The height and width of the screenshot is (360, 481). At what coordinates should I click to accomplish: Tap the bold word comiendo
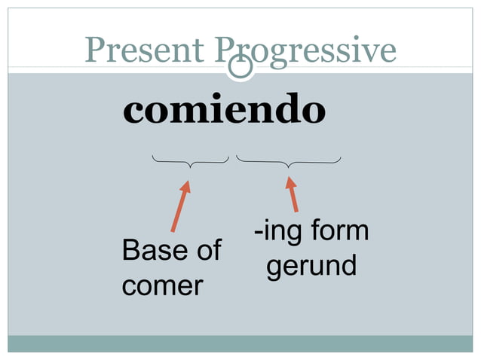click(x=224, y=111)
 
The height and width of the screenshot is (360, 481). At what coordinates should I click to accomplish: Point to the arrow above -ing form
click(x=292, y=194)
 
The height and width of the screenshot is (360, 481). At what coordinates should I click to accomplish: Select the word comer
click(x=162, y=286)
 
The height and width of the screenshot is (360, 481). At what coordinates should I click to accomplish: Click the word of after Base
click(x=205, y=251)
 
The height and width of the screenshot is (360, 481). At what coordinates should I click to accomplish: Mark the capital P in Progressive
click(x=225, y=50)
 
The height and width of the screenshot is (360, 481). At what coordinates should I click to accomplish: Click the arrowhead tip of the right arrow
click(x=288, y=177)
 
